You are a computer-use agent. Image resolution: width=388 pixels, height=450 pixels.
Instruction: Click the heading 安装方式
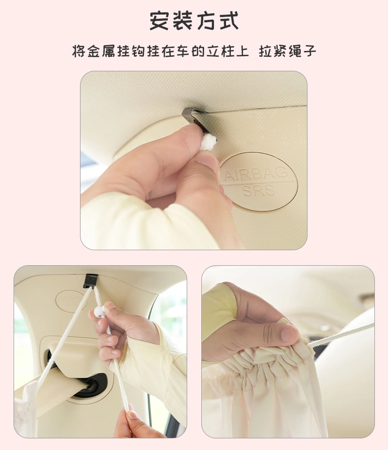(x=194, y=21)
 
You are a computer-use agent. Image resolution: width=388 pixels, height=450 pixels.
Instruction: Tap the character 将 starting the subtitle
(x=79, y=51)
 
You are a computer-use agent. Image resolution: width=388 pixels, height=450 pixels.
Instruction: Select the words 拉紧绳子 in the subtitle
(x=287, y=51)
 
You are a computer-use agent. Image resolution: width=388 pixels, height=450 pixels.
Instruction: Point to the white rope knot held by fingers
(x=208, y=143)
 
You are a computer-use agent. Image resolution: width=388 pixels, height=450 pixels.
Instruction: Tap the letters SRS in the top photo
(x=259, y=191)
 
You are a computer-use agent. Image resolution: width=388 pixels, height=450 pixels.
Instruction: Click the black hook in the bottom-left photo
(x=90, y=281)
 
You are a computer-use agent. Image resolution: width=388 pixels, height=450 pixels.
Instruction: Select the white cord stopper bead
(x=99, y=311)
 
